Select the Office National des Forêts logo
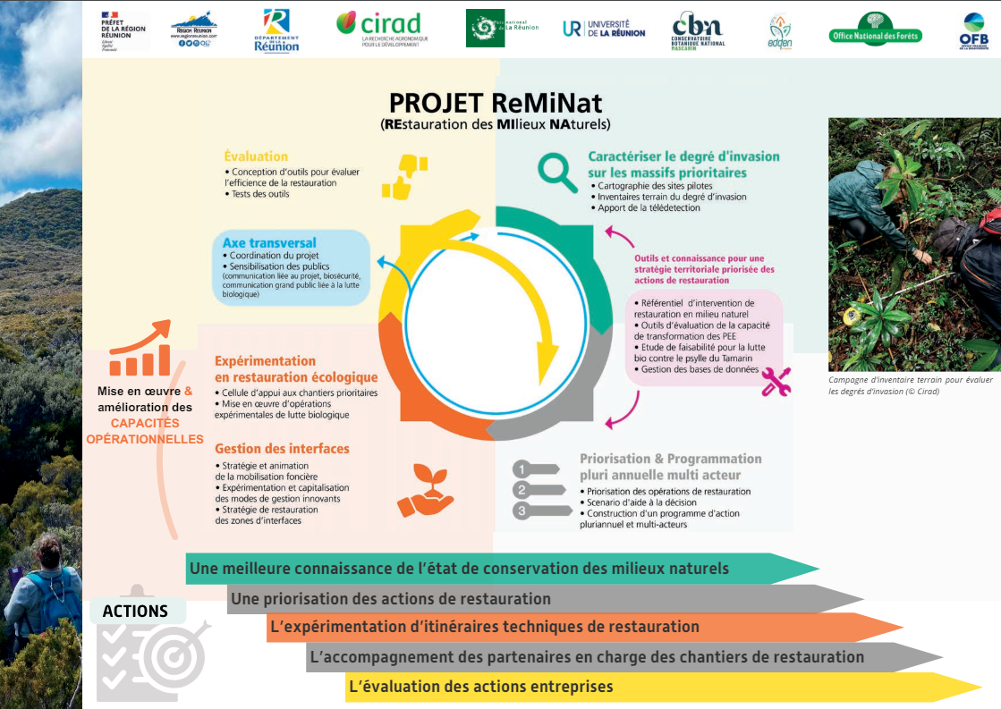pos(875,31)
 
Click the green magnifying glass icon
pos(557,172)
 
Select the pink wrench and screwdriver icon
pos(775,382)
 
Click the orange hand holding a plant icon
pos(423,489)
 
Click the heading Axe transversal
pos(269,242)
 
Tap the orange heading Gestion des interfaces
pos(282,448)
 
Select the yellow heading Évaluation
pos(256,156)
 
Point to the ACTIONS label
pos(136,612)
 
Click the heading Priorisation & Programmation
pos(670,466)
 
